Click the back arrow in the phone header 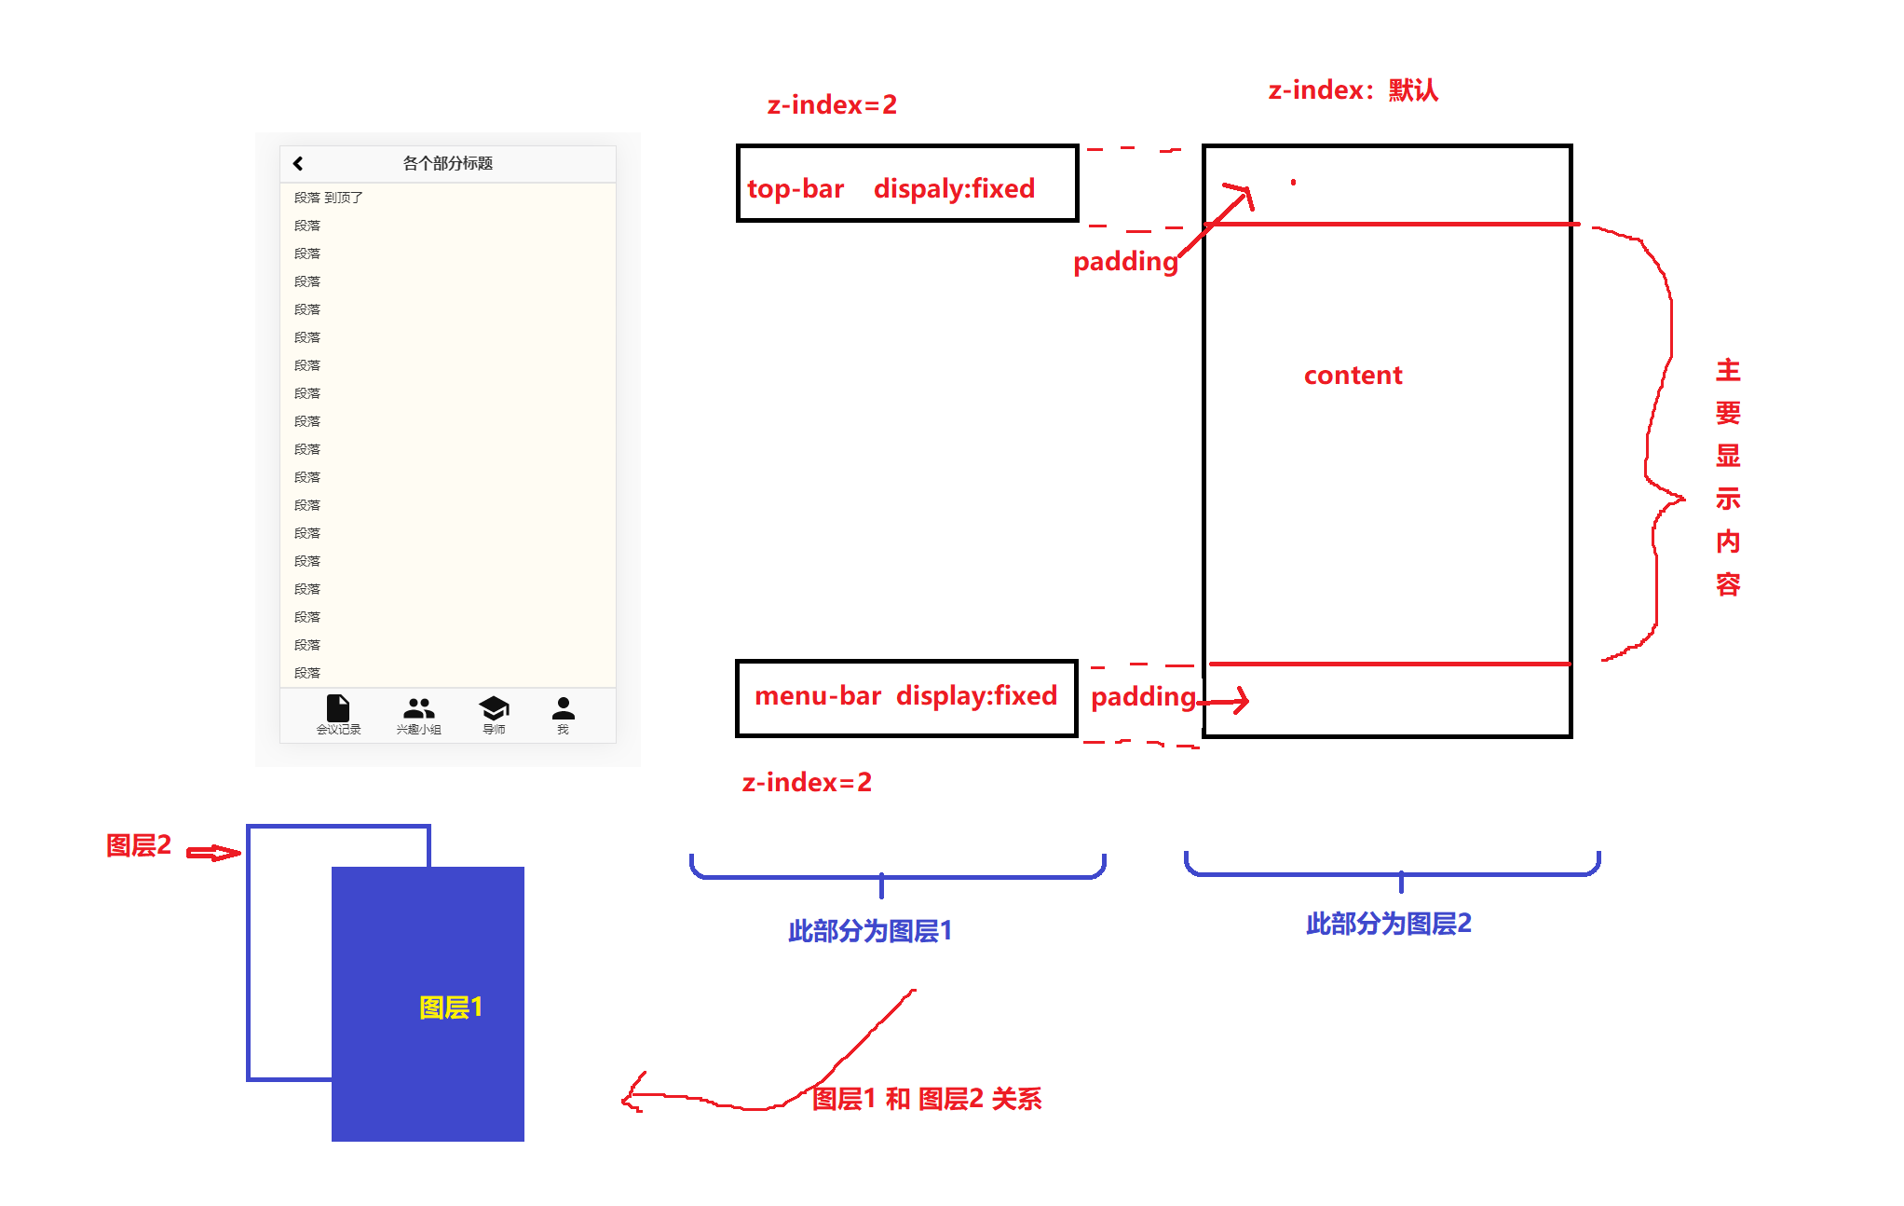coord(298,163)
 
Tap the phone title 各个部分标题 coord(447,163)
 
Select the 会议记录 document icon coord(338,707)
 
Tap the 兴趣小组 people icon coord(419,707)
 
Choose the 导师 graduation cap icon coord(494,707)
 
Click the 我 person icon coord(564,707)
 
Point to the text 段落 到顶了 coord(328,198)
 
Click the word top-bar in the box coord(795,189)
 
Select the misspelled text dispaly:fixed coord(954,189)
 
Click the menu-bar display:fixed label coord(905,696)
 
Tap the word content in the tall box coord(1353,376)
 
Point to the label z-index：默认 coord(1353,90)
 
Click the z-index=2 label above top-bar coord(832,105)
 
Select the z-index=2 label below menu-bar coord(807,783)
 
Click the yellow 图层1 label coord(451,1007)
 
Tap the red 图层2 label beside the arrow coord(139,845)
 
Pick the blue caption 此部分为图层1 coord(870,931)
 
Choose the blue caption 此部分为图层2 coord(1388,924)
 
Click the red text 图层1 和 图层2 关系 coord(926,1099)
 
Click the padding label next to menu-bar coord(1143,697)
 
